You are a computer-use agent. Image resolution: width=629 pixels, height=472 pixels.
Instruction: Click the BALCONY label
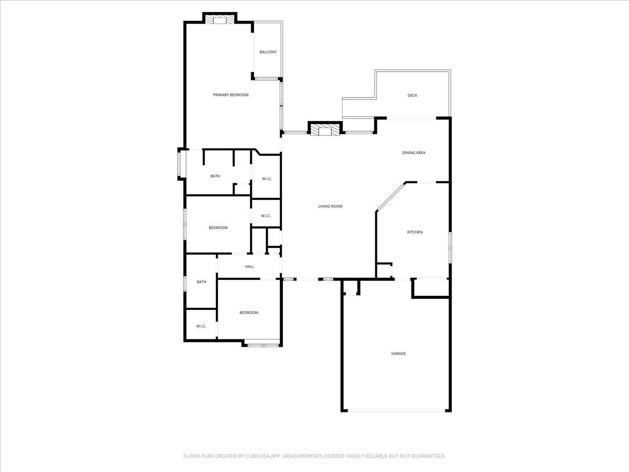pos(268,52)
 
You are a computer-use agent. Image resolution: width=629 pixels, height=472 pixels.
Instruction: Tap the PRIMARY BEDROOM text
pos(231,95)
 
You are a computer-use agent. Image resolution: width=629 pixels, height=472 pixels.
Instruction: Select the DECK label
pos(413,95)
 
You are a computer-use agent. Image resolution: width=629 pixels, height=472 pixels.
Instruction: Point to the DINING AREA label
pos(414,153)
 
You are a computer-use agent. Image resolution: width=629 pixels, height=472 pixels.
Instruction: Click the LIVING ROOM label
pos(330,206)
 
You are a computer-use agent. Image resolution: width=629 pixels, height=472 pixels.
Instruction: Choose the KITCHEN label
pos(415,232)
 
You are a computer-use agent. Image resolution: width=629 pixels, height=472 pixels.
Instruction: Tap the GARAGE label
pos(398,353)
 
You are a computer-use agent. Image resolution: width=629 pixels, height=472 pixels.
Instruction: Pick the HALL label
pos(250,266)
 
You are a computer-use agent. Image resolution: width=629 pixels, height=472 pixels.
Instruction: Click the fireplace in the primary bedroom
pos(219,20)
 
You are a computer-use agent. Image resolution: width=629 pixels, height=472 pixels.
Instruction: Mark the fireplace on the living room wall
pos(325,129)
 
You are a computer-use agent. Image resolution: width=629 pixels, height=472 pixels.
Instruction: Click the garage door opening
pos(397,411)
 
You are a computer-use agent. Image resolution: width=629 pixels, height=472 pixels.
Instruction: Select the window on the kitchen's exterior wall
pos(449,247)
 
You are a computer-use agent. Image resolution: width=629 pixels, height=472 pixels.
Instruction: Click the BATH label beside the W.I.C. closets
pos(215,176)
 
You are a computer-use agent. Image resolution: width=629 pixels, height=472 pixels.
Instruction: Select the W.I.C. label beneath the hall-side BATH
pos(201,326)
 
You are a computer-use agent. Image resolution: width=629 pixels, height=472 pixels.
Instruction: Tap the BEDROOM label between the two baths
pos(218,228)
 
